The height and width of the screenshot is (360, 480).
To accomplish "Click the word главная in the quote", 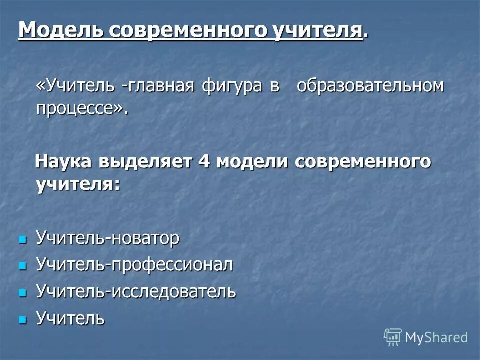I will pos(161,86).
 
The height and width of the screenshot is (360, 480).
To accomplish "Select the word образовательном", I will pos(370,86).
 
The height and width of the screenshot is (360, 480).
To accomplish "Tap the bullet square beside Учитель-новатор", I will pos(21,240).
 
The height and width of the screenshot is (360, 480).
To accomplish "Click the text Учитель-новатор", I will pos(107,238).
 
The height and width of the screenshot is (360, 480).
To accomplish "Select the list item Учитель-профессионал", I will pos(134,265).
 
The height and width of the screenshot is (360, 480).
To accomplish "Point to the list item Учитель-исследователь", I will pos(136,291).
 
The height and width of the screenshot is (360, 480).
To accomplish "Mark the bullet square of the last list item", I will pos(21,319).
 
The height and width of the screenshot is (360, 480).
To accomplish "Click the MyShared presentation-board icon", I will pos(393,337).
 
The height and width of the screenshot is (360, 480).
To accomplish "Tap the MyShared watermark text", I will pos(436,337).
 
